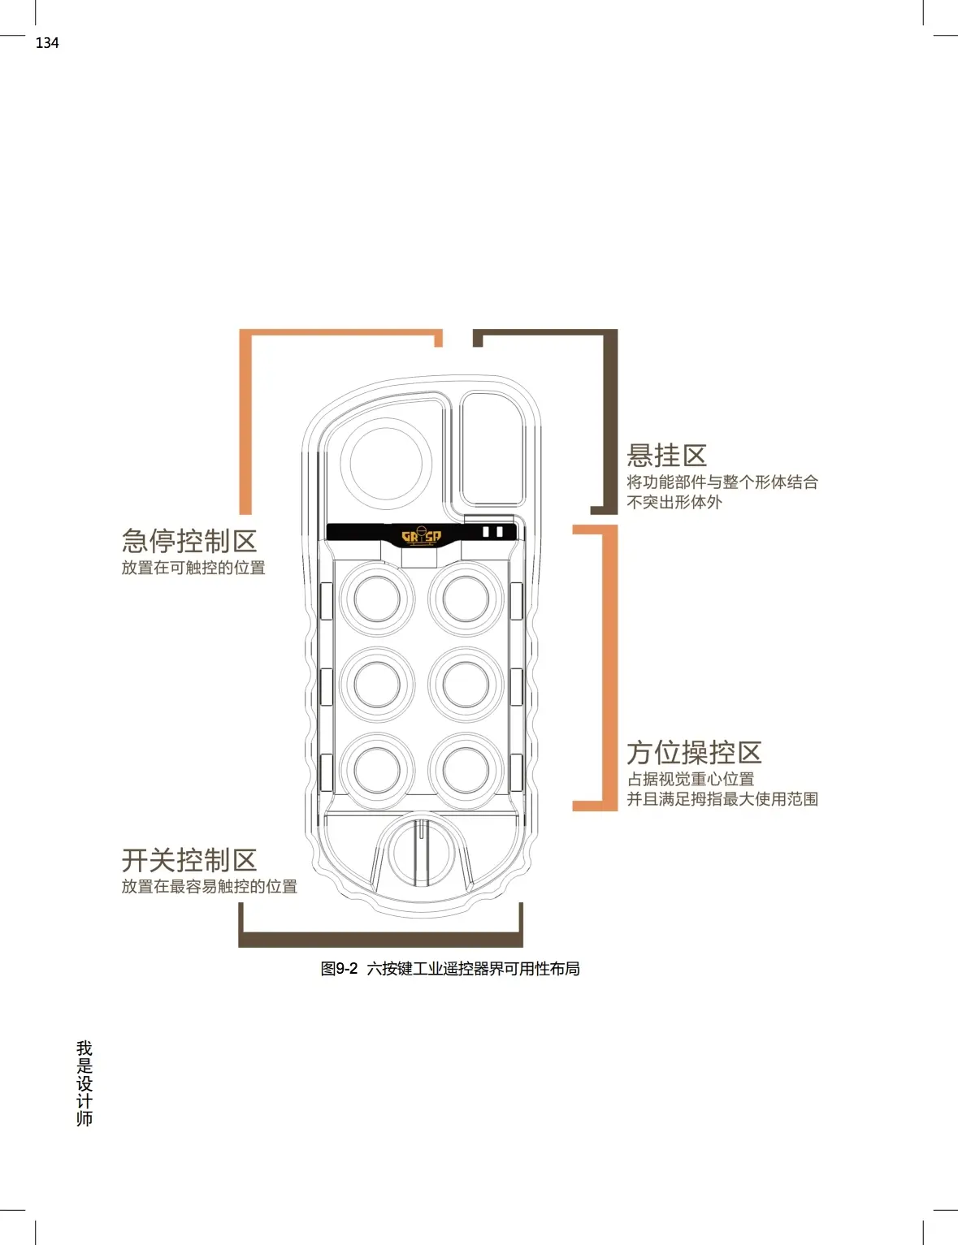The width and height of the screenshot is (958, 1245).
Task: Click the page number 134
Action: click(x=47, y=43)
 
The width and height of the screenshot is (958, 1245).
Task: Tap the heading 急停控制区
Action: click(x=189, y=541)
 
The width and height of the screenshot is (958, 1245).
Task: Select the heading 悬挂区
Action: click(x=666, y=456)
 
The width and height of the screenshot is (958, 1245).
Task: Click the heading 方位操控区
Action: click(x=694, y=753)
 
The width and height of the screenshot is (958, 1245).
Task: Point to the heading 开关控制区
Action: click(x=189, y=860)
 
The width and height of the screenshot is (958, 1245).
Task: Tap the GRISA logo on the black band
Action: click(x=421, y=536)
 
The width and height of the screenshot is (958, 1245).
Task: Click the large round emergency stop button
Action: click(x=386, y=464)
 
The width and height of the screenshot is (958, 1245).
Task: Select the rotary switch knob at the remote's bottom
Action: click(x=420, y=852)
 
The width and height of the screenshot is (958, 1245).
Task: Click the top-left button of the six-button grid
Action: click(x=377, y=599)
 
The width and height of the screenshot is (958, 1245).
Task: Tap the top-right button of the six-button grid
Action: click(x=466, y=599)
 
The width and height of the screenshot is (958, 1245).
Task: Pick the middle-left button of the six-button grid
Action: click(x=377, y=684)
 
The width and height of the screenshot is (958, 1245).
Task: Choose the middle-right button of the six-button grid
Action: click(x=466, y=684)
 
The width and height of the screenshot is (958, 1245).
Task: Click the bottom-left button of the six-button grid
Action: click(x=377, y=769)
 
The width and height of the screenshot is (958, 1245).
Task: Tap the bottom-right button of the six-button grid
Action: click(x=466, y=769)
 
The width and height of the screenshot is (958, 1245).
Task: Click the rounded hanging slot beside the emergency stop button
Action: click(x=493, y=449)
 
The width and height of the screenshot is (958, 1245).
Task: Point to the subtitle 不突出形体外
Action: click(x=674, y=503)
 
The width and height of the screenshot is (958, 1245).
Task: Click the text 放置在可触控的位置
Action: click(x=193, y=568)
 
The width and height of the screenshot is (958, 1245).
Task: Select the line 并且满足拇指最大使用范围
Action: click(x=722, y=799)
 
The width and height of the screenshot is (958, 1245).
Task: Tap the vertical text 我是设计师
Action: click(x=85, y=1083)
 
